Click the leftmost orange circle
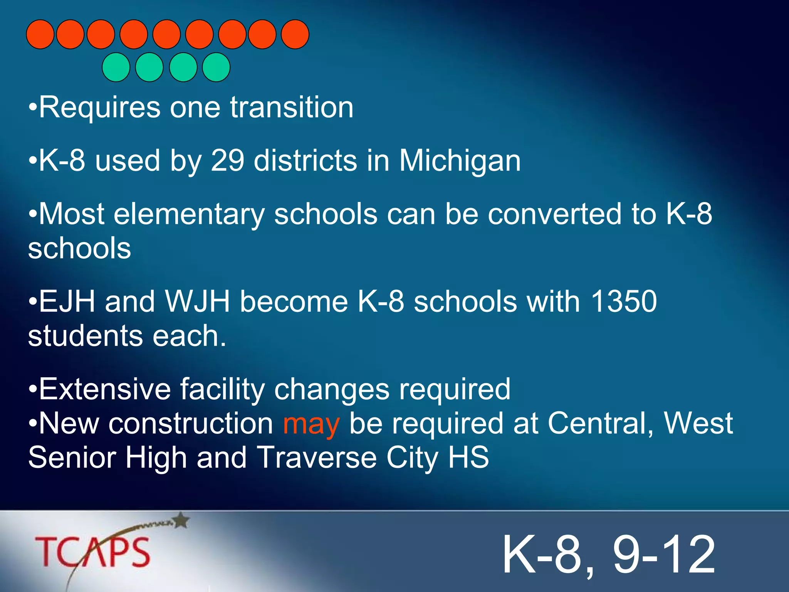[x=40, y=34]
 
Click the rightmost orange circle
[x=295, y=34]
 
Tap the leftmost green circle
[x=116, y=67]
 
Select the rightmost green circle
[x=216, y=67]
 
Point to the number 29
[x=227, y=160]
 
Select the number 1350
[x=624, y=301]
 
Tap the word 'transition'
[x=292, y=107]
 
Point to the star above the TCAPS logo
[x=181, y=521]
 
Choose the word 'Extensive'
[x=105, y=389]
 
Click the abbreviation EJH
[x=67, y=301]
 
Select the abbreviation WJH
[x=198, y=301]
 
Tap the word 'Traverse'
[x=316, y=458]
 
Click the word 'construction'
[x=191, y=424]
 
